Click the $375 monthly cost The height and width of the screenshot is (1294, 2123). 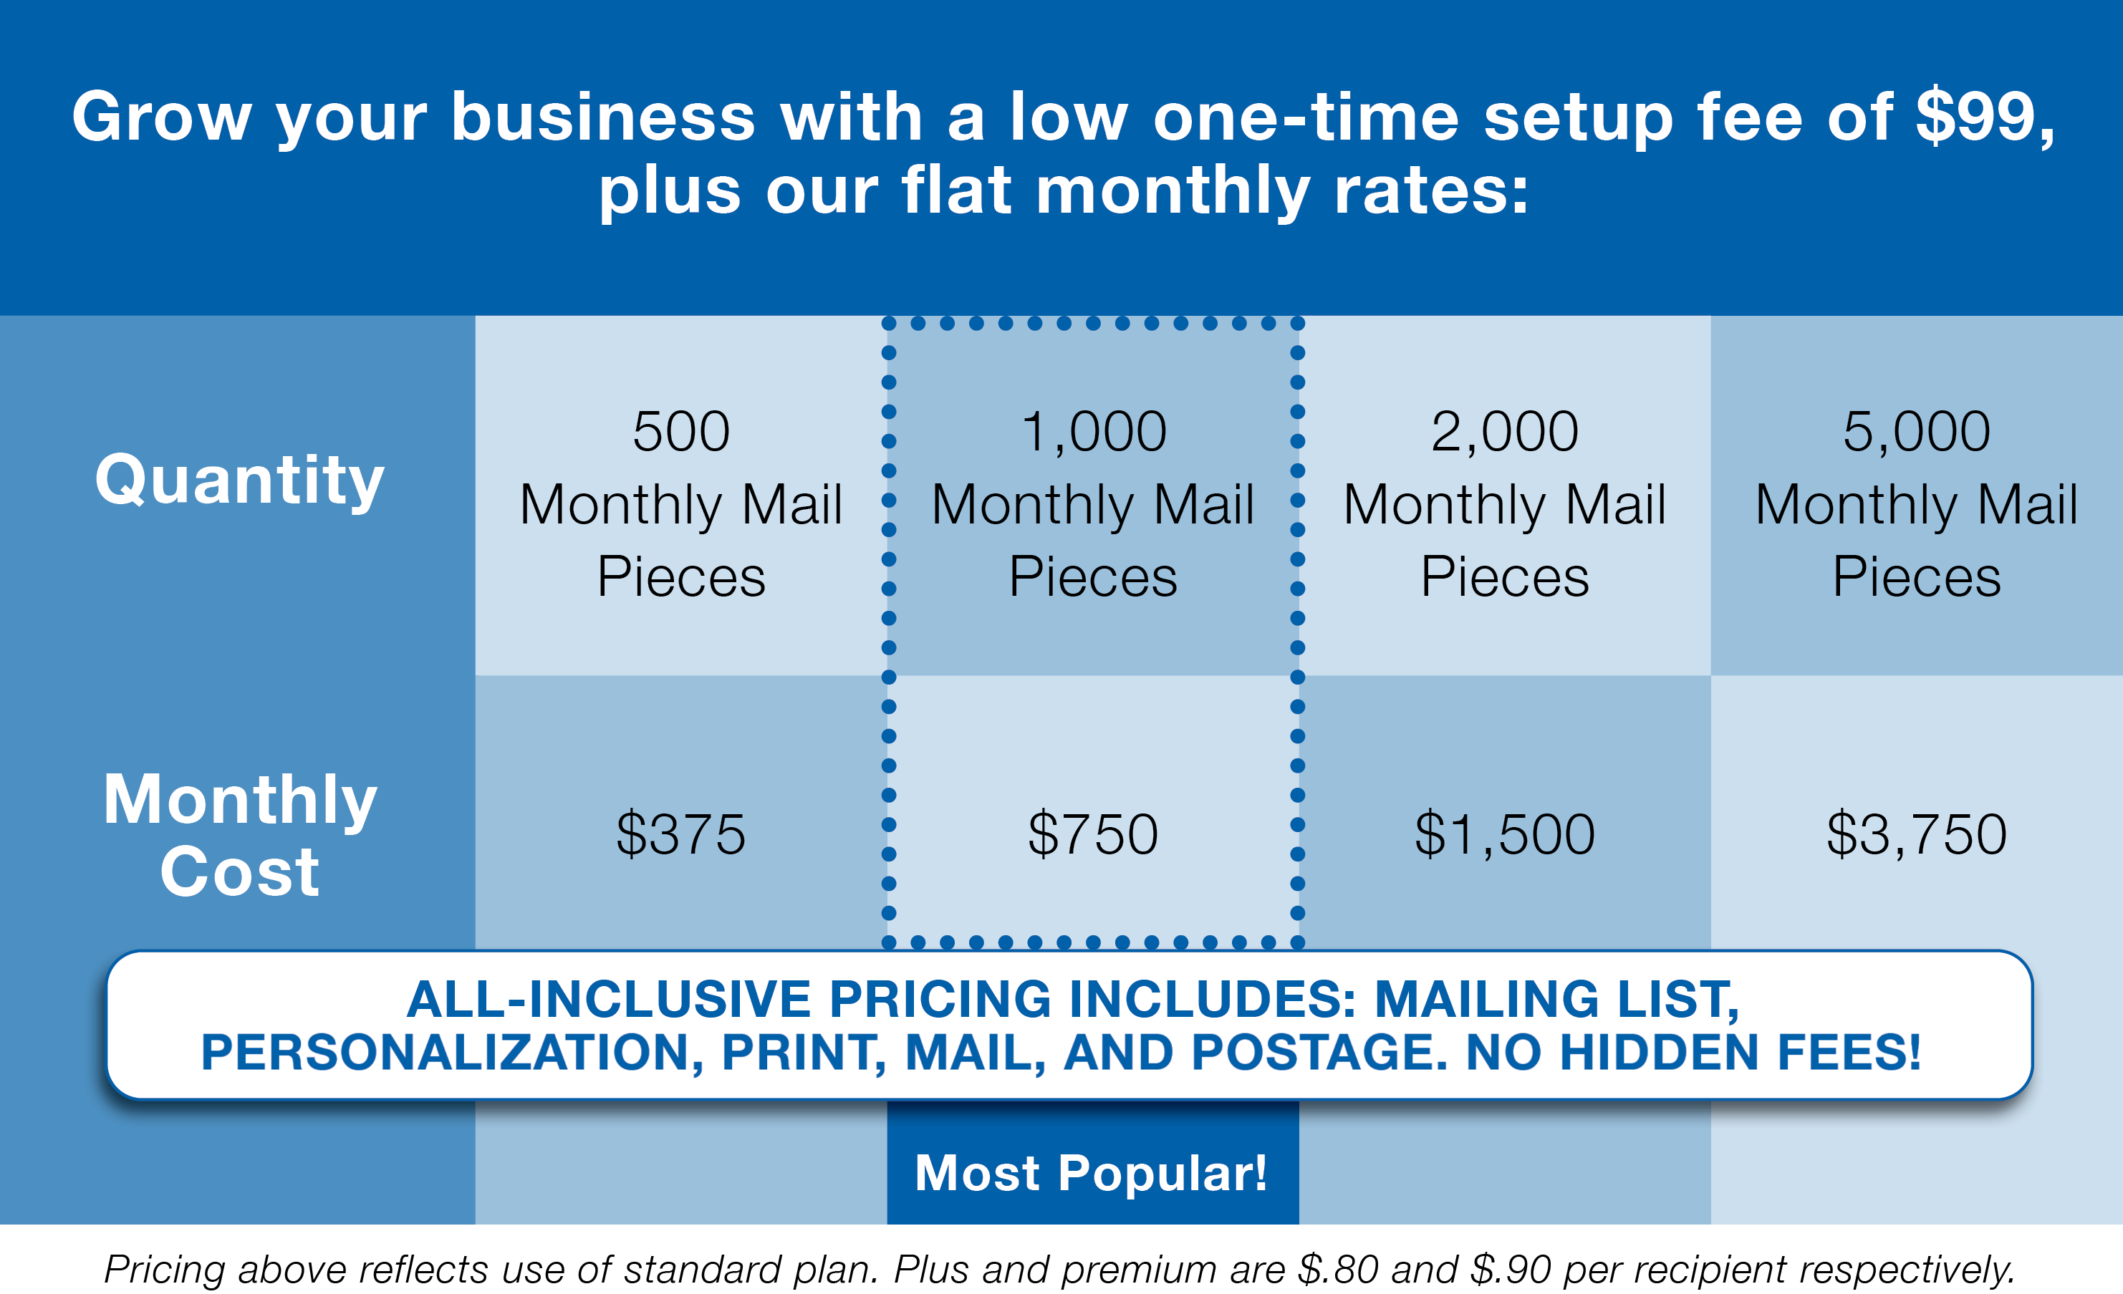coord(680,834)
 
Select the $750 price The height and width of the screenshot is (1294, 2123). coord(1092,834)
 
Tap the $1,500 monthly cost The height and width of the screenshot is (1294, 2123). coord(1504,834)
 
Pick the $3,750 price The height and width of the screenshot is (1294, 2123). coord(1916,834)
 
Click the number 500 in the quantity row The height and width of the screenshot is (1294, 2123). coord(680,431)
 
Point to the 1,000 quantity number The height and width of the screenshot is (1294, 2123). coord(1092,431)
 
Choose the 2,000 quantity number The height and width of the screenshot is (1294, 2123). coord(1504,431)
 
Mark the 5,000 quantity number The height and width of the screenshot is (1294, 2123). coord(1916,431)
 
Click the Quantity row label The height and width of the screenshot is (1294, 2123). coord(239,481)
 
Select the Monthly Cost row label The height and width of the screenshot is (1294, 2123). coord(239,834)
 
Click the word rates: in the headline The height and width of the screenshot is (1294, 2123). coord(1431,190)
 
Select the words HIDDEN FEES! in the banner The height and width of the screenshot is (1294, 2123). coord(1740,1052)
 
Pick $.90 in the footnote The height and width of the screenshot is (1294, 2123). coord(1511,1269)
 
